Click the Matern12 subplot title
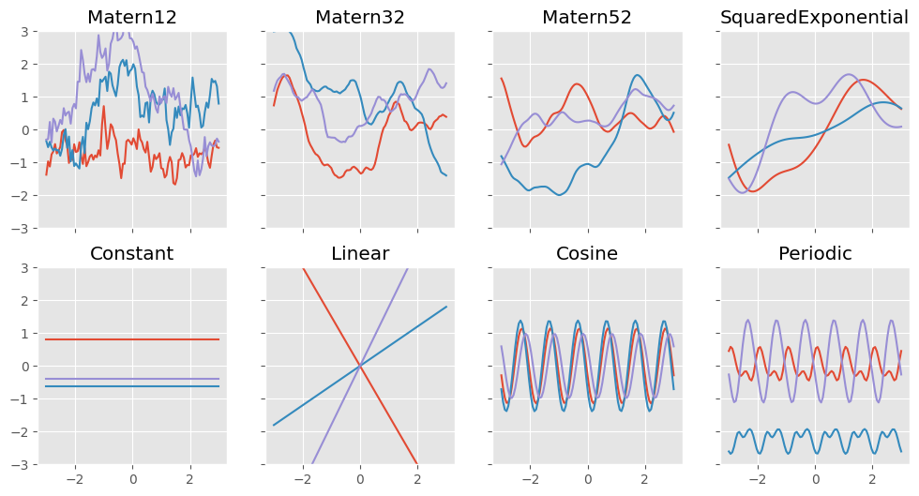[131, 17]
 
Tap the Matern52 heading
[587, 17]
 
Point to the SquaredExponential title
[815, 17]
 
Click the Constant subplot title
[131, 253]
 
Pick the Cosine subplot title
[587, 253]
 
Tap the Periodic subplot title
[815, 253]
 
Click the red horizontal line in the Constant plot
[131, 339]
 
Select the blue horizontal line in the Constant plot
[131, 386]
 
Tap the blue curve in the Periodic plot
[815, 438]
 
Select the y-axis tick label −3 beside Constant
[23, 464]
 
